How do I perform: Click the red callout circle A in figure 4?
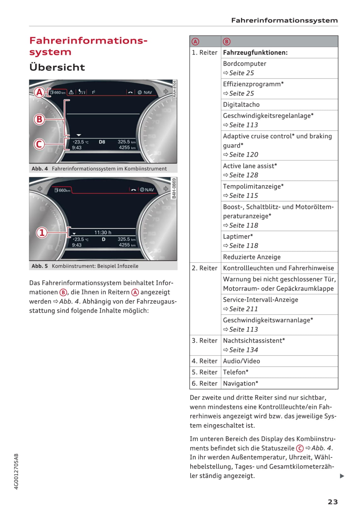pyautogui.click(x=39, y=92)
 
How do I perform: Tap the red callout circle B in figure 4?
pyautogui.click(x=39, y=119)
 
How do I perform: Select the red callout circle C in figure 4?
pyautogui.click(x=39, y=144)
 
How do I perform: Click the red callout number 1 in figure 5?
pyautogui.click(x=42, y=233)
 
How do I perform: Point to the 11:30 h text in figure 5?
pyautogui.click(x=103, y=232)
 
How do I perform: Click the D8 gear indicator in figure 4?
pyautogui.click(x=102, y=142)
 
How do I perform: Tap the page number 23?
pyautogui.click(x=333, y=502)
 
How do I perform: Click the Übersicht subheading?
pyautogui.click(x=57, y=67)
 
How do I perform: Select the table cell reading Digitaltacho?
pyautogui.click(x=241, y=105)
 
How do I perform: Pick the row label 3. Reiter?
pyautogui.click(x=205, y=341)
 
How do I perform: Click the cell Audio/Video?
pyautogui.click(x=241, y=361)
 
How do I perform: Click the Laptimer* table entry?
pyautogui.click(x=238, y=237)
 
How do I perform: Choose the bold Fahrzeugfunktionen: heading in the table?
pyautogui.click(x=255, y=53)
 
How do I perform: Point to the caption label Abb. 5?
pyautogui.click(x=40, y=266)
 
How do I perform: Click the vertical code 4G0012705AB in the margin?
pyautogui.click(x=16, y=471)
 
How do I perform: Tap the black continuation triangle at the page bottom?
pyautogui.click(x=342, y=476)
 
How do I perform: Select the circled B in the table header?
pyautogui.click(x=227, y=42)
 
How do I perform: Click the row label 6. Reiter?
pyautogui.click(x=205, y=383)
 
